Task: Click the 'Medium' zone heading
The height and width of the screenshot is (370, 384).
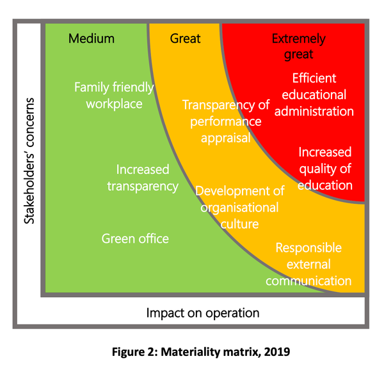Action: point(92,38)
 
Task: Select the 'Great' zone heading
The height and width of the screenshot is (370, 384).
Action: point(185,38)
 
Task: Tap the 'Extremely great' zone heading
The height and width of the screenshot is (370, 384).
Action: point(298,46)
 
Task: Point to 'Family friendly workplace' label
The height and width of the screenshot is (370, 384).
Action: point(115,95)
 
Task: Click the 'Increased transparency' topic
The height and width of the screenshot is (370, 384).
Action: point(143,178)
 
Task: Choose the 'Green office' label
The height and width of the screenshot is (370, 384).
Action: point(135,238)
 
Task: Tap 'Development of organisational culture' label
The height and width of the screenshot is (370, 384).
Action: point(239,207)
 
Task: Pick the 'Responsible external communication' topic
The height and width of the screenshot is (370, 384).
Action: point(308,264)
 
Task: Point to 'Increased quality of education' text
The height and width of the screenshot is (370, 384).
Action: point(325,169)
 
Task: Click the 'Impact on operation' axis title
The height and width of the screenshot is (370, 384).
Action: point(203,313)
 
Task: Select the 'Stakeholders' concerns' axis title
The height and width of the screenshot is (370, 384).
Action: point(29,159)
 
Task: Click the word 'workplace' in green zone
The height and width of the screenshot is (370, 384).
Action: point(115,103)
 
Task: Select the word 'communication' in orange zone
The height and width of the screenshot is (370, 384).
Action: point(308,280)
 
